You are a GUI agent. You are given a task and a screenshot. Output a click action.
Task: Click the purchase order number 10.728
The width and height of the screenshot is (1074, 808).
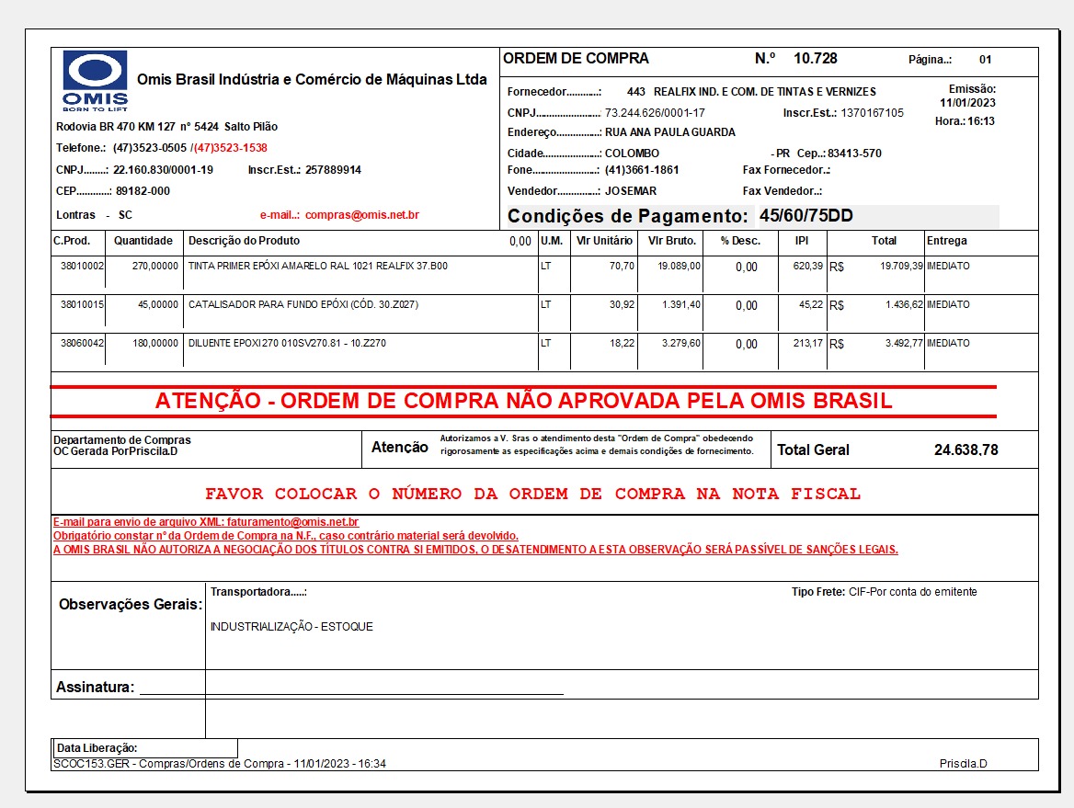point(815,59)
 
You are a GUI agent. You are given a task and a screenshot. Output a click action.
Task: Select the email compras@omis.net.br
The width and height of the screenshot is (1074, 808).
point(361,215)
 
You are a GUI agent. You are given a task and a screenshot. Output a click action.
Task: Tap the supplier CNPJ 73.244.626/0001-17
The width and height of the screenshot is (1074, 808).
point(655,113)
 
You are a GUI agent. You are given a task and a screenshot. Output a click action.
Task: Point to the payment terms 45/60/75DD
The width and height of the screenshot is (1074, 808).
point(805,216)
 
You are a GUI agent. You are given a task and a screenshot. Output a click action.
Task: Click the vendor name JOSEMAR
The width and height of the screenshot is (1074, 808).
point(631,191)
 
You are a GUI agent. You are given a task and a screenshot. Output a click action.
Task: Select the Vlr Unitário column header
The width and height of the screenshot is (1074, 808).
point(603,241)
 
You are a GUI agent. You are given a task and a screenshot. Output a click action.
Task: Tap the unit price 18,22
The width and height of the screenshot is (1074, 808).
point(622,343)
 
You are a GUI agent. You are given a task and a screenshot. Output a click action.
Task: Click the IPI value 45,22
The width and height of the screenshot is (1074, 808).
point(811,304)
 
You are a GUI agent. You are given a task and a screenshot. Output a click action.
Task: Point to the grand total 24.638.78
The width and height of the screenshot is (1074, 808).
point(965,450)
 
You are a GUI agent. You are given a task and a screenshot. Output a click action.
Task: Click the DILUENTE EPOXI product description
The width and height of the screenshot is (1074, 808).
point(287,343)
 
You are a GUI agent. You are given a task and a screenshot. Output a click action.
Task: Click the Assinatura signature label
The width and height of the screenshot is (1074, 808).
point(96,688)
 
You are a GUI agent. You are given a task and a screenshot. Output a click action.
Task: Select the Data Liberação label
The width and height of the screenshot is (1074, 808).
point(97,748)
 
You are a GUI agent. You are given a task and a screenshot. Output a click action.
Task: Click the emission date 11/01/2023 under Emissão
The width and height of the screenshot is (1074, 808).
point(967,103)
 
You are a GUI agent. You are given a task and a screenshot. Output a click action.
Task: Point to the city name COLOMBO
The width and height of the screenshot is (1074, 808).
point(632,154)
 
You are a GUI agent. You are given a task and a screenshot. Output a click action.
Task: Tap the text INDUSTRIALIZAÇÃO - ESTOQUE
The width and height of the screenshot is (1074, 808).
point(291,627)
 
